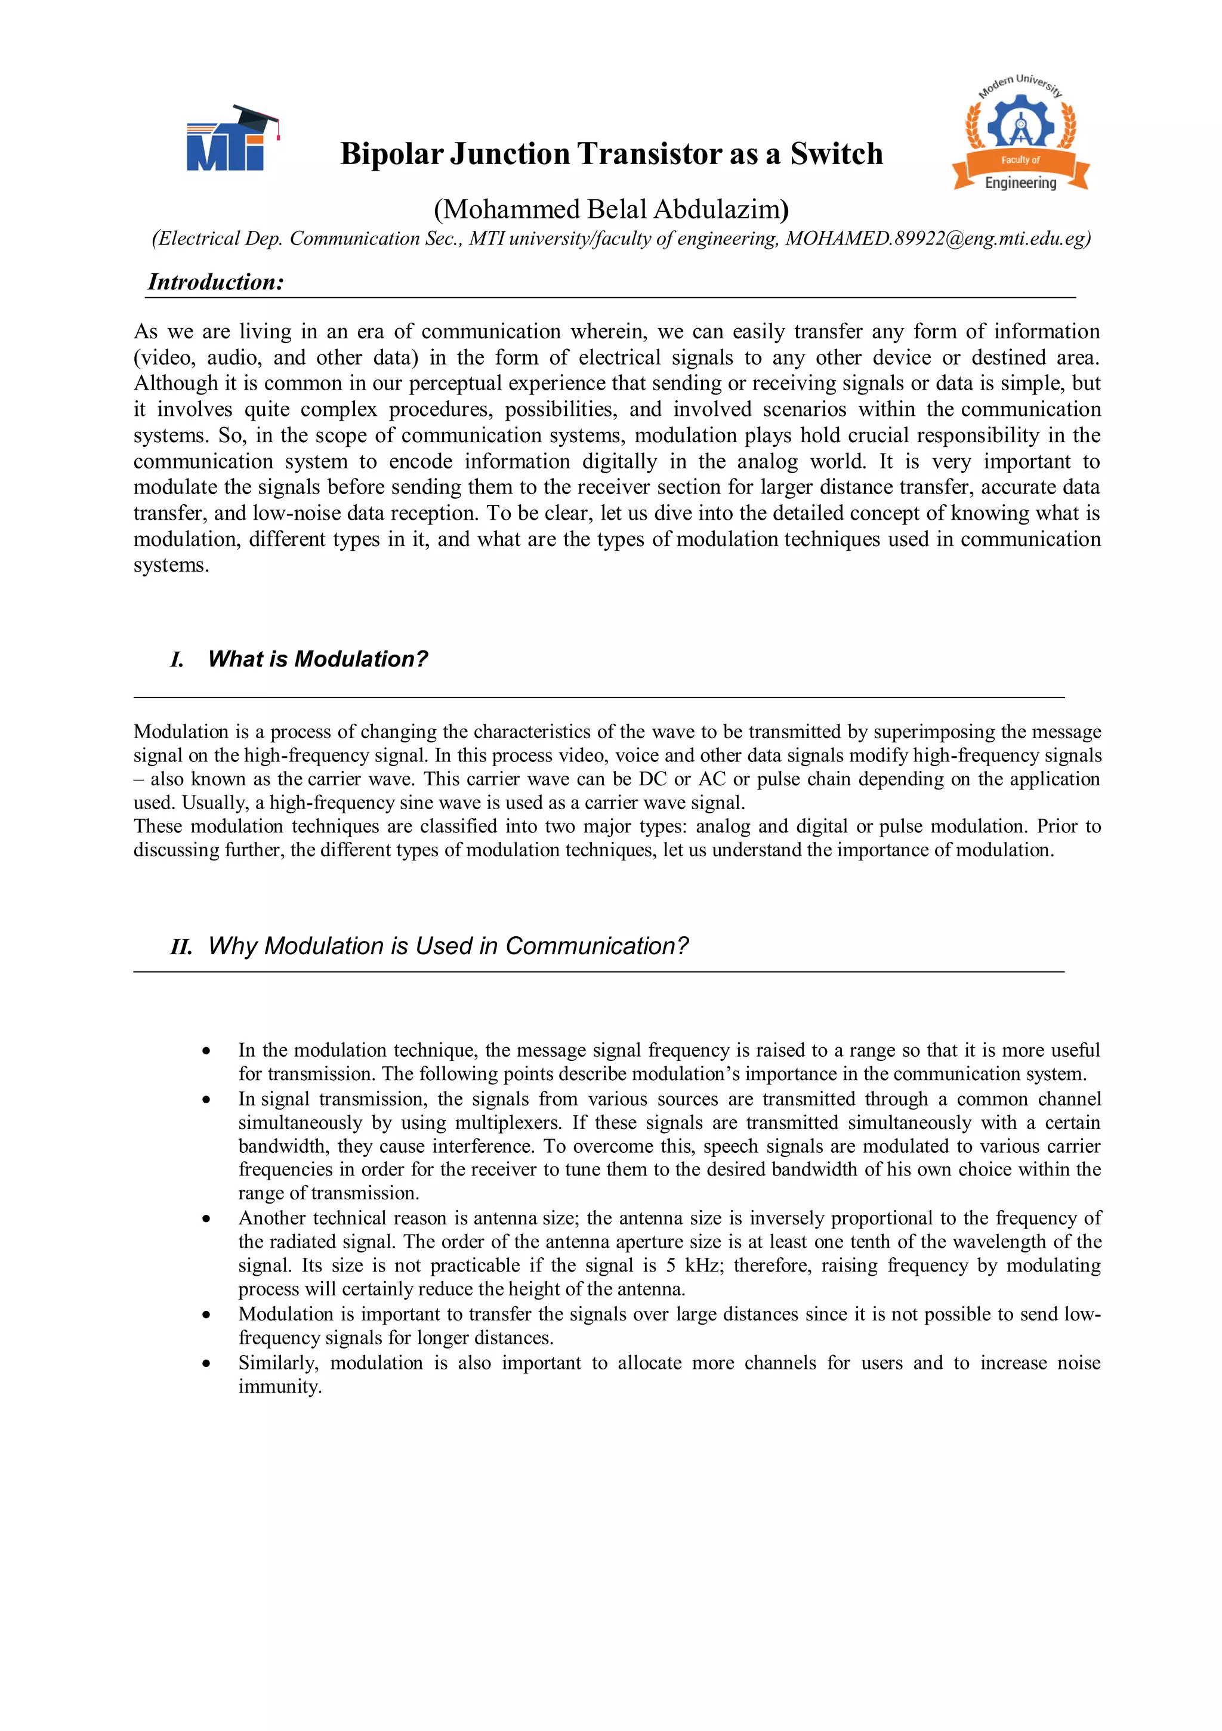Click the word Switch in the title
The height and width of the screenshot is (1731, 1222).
click(x=836, y=154)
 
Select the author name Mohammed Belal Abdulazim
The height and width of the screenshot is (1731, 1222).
click(x=610, y=209)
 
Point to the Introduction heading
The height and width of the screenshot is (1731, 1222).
click(x=215, y=282)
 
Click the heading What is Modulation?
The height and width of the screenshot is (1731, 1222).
click(x=317, y=659)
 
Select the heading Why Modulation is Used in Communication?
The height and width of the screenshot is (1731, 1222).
click(x=448, y=945)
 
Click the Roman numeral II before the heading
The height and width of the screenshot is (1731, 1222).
click(x=181, y=947)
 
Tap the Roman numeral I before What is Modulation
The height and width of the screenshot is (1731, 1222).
click(x=177, y=661)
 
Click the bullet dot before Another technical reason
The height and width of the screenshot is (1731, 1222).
click(x=206, y=1219)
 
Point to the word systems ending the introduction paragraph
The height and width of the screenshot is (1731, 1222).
click(x=171, y=566)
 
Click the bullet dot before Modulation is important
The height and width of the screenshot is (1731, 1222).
click(x=206, y=1315)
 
